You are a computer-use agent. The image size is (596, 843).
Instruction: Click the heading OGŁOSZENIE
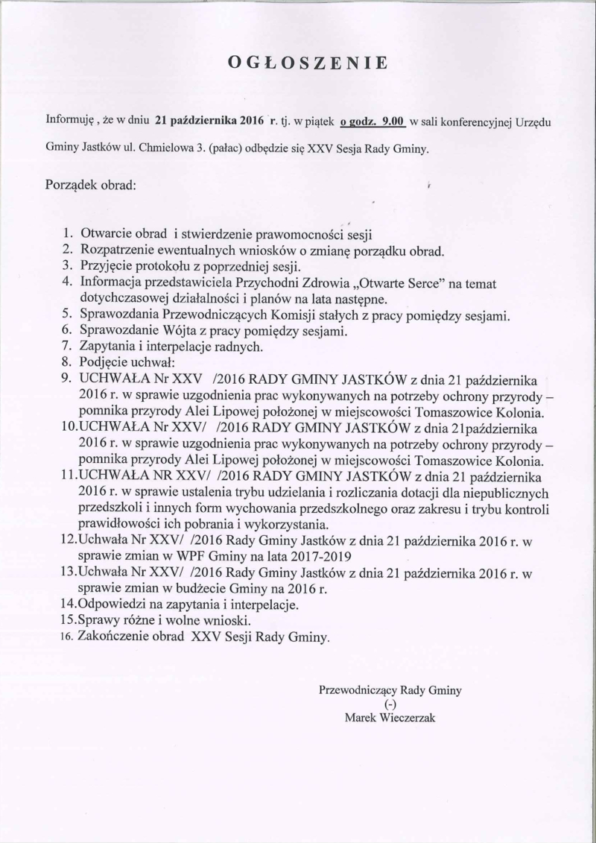(308, 63)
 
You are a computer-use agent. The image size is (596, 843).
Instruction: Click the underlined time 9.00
(392, 119)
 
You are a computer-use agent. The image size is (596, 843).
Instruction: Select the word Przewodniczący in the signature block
(358, 690)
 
